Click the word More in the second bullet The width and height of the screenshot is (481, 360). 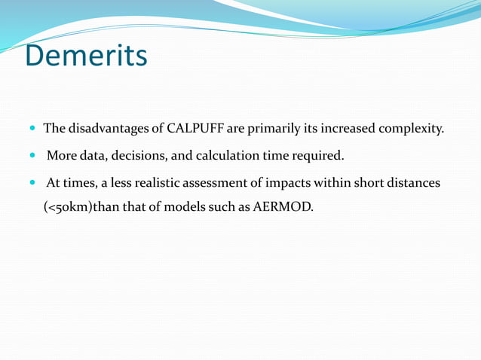click(x=60, y=157)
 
